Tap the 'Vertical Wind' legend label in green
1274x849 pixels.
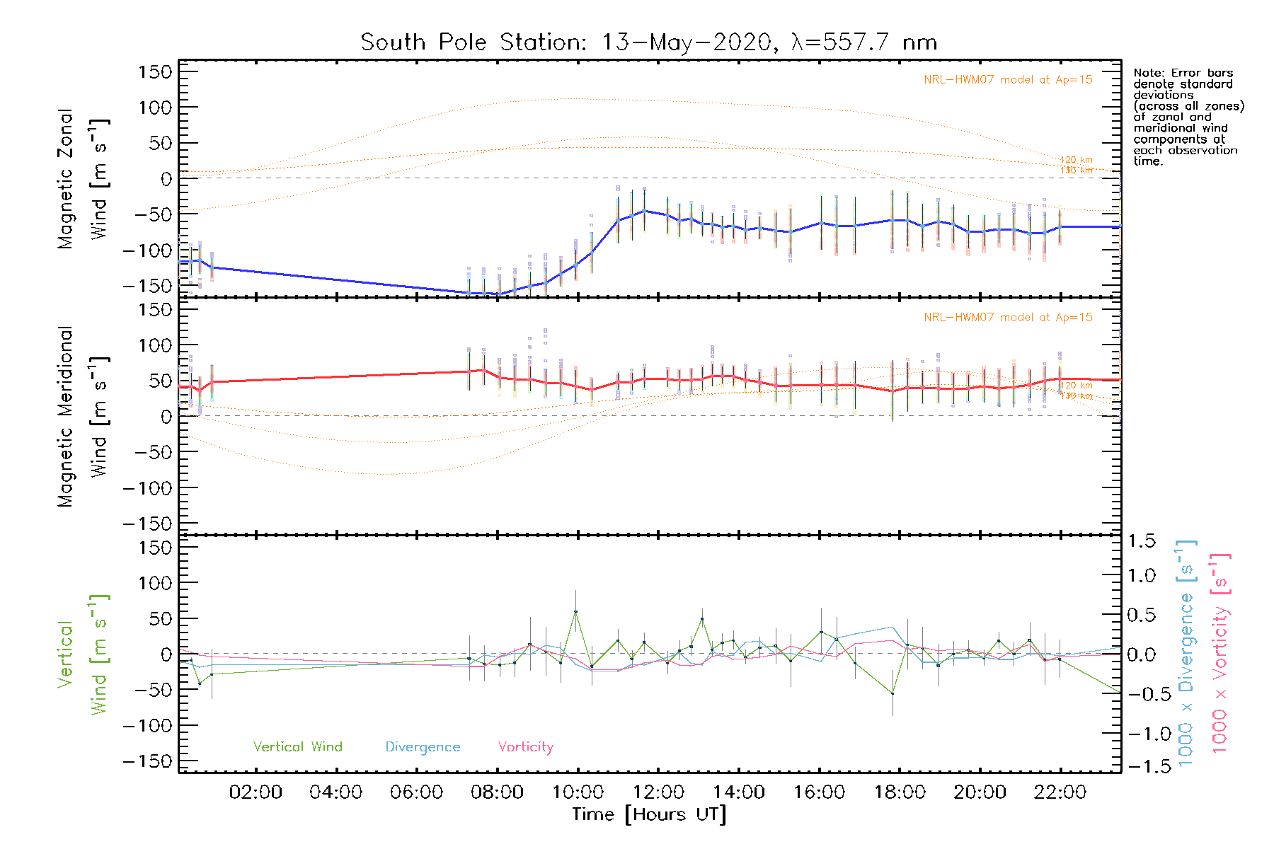pyautogui.click(x=297, y=746)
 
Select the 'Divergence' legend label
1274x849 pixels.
pyautogui.click(x=423, y=746)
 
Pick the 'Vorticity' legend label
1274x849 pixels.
pyautogui.click(x=525, y=746)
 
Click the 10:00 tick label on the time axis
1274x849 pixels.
pyautogui.click(x=578, y=792)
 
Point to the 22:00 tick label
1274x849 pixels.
pyautogui.click(x=1060, y=792)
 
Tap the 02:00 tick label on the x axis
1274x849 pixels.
pyautogui.click(x=256, y=792)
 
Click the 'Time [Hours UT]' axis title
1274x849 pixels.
pyautogui.click(x=649, y=814)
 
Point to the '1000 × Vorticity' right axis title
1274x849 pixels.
pyautogui.click(x=1220, y=653)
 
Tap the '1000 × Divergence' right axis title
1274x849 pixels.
pyautogui.click(x=1186, y=653)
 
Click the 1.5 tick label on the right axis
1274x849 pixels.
pyautogui.click(x=1141, y=541)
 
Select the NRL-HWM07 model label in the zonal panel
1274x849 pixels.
pyautogui.click(x=1008, y=80)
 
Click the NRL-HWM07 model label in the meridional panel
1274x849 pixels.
pyautogui.click(x=1008, y=318)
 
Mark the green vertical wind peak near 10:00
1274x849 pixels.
pyautogui.click(x=576, y=611)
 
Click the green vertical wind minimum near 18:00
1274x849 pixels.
pyautogui.click(x=893, y=693)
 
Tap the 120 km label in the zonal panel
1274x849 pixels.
pyautogui.click(x=1076, y=160)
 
